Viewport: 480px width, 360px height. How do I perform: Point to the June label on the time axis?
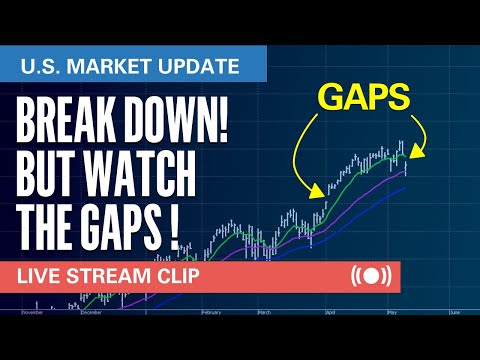(x=456, y=313)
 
